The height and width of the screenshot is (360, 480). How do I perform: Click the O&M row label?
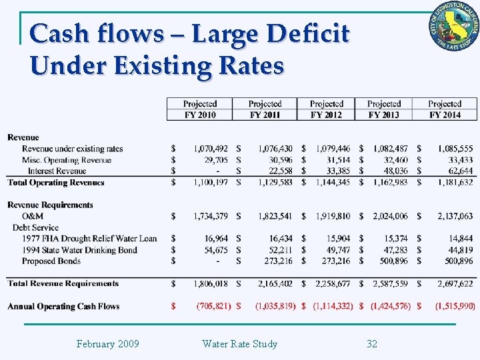coord(33,216)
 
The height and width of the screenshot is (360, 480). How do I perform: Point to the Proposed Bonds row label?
coord(52,261)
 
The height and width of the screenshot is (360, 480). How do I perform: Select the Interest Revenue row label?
coord(57,171)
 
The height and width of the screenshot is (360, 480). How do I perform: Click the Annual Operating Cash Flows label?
coord(63,307)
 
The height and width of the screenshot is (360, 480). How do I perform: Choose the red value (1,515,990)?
coord(455,306)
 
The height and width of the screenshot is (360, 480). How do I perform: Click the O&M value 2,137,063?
coord(455,216)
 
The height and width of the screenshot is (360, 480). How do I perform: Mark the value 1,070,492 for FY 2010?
coord(211,149)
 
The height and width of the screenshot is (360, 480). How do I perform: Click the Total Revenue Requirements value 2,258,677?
coord(331,283)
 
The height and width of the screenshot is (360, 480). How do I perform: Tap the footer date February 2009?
coord(107,344)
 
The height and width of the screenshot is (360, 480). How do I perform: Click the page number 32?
coord(372,344)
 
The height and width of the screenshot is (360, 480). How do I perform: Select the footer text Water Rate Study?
coord(239,344)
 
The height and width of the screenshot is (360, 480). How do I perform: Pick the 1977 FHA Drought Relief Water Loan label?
coord(89,239)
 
